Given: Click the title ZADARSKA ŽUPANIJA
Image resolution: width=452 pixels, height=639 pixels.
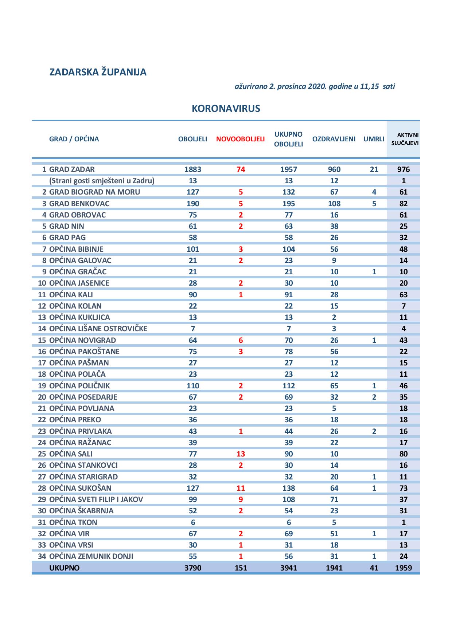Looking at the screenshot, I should coord(98,72).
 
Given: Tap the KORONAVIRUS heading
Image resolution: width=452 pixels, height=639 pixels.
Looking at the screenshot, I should coord(226,109).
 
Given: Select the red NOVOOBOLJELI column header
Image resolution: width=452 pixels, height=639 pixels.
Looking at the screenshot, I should coord(240,139).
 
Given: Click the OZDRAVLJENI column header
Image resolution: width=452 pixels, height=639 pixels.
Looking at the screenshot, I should coord(334,139).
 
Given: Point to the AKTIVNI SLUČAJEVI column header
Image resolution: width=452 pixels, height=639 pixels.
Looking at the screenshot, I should coord(405,139).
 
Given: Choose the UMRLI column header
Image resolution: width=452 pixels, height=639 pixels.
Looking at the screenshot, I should coord(374,139).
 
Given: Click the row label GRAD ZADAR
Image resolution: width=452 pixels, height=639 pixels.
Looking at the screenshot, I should coord(72,169).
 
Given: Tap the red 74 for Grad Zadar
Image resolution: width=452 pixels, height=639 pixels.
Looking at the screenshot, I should coord(241,169).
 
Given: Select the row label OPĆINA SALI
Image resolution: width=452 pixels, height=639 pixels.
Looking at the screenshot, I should coord(71,454).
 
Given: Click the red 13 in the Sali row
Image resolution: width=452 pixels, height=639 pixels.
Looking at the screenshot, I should coord(241,454).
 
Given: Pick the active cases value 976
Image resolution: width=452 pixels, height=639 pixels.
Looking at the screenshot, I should coord(404,169).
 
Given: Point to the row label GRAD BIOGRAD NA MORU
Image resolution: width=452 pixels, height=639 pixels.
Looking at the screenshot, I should coord(94,192).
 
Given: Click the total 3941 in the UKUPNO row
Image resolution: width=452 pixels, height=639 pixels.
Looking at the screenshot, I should coord(288,568).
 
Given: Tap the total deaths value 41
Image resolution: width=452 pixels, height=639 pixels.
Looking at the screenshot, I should coord(374,568).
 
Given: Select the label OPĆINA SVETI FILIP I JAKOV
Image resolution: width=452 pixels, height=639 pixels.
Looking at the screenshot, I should coord(96,499).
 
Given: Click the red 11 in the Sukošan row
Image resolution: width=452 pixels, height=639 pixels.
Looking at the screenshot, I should coord(241,488).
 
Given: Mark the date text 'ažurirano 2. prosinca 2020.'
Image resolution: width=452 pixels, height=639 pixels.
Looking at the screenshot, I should coord(281,87).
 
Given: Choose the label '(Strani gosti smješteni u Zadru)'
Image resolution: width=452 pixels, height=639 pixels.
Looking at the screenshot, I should coord(102,181).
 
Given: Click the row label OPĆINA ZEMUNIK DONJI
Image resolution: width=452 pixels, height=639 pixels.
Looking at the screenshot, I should coord(91,556).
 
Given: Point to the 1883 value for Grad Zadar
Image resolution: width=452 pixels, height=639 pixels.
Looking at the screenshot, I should coord(193,169).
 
